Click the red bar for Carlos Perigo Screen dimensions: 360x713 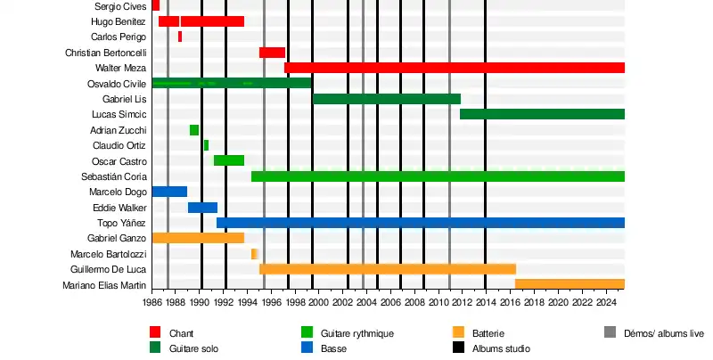tap(180, 37)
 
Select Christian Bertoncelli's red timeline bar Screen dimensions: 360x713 tap(272, 53)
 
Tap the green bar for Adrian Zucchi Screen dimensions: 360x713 tap(194, 130)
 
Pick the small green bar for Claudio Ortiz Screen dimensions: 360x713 tap(206, 145)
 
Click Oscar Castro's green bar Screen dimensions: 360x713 tap(229, 160)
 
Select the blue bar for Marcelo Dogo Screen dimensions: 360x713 tap(169, 192)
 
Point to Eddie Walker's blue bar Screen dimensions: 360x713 tap(202, 208)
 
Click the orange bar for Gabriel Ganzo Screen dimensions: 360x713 tap(198, 238)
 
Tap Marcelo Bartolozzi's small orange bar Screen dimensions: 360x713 tap(254, 254)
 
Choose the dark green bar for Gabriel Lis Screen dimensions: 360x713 tap(386, 99)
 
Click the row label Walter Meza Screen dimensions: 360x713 tap(120, 68)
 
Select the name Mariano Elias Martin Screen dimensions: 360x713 tap(104, 285)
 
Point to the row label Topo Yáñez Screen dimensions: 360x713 tap(121, 223)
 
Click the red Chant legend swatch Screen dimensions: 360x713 tap(155, 333)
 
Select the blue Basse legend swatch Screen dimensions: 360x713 tap(307, 348)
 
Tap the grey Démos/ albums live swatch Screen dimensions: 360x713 tap(610, 333)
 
